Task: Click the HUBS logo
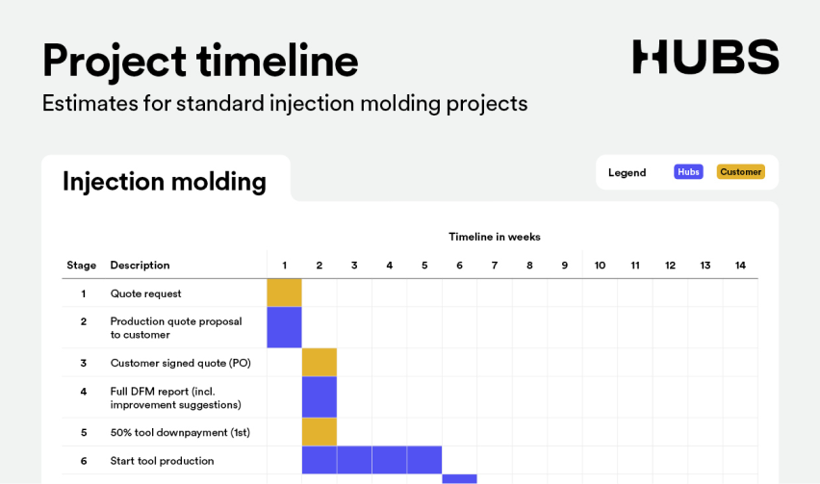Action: pos(705,57)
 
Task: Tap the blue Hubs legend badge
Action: pos(688,172)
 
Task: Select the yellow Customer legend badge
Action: pos(740,172)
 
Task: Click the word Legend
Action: pos(627,172)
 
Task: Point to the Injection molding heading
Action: pos(165,181)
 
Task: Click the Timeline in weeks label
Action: pos(494,237)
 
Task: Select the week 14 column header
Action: pos(740,265)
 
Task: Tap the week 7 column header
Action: pos(494,265)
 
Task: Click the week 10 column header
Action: pos(600,265)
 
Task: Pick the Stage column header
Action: pos(82,265)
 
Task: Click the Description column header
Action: pos(140,265)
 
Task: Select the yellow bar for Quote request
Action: pos(285,293)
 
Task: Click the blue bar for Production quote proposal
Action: pos(285,327)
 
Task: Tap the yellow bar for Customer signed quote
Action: pos(320,362)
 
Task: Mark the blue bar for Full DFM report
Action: pos(320,396)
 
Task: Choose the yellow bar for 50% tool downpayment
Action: pos(320,432)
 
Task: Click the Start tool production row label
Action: pos(162,461)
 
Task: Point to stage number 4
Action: pos(83,392)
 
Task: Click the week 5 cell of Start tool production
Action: pos(424,460)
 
